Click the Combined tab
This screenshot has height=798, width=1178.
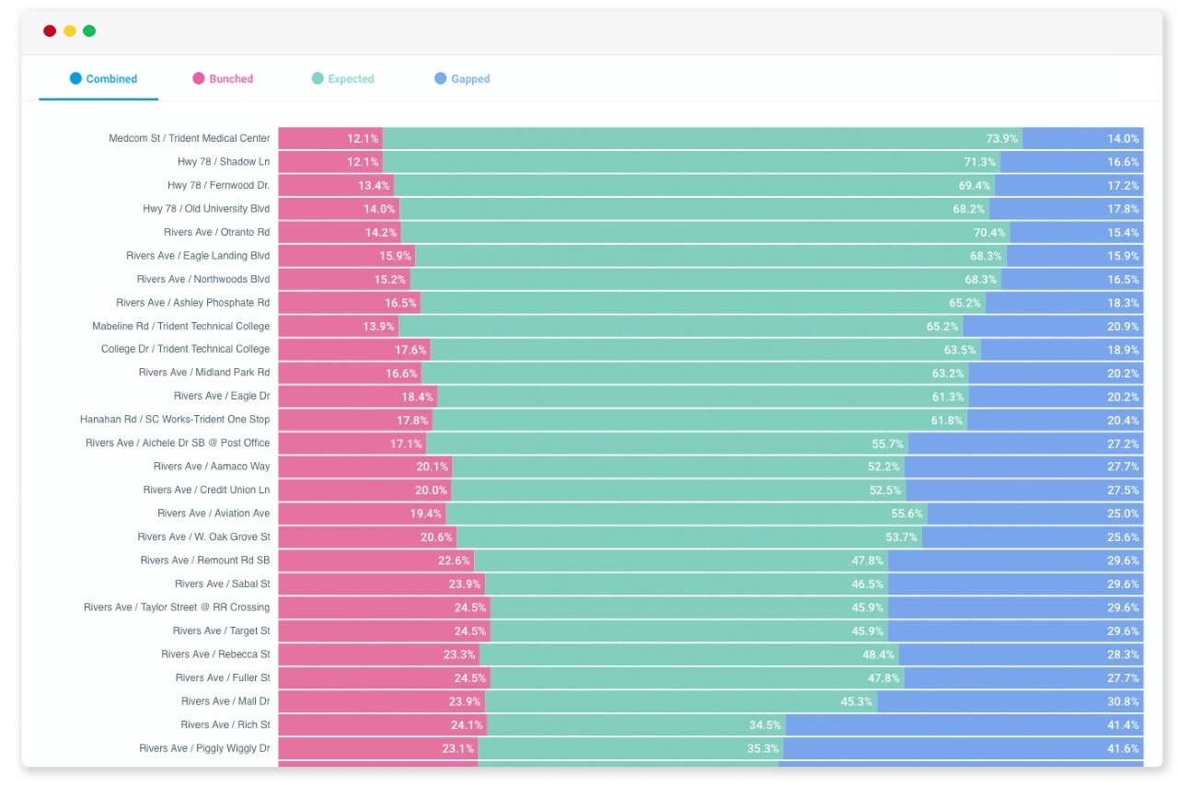click(103, 79)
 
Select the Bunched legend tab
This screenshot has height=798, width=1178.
click(223, 79)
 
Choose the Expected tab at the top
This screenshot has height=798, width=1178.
click(342, 79)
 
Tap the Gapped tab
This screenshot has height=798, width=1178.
click(462, 79)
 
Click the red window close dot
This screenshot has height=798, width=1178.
click(50, 31)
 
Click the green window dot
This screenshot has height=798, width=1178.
click(89, 31)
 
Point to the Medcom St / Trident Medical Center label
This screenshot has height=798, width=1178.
click(190, 138)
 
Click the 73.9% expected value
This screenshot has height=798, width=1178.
click(1001, 138)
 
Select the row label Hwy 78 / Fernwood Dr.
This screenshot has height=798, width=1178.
click(218, 185)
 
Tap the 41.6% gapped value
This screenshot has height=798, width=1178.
click(1123, 748)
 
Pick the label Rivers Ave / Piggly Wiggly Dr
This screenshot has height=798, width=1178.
click(204, 748)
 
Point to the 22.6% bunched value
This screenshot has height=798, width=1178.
click(454, 561)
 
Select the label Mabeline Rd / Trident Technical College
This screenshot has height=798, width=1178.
click(181, 326)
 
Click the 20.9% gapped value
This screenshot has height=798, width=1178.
click(1123, 326)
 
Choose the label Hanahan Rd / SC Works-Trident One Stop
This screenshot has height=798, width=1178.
click(175, 420)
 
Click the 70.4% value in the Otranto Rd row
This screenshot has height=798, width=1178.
click(989, 232)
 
